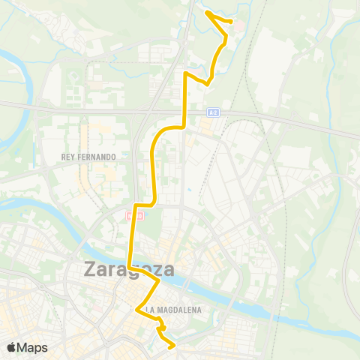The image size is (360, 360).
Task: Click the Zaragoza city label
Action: pos(129,269)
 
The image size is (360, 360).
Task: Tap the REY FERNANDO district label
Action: pos(89,157)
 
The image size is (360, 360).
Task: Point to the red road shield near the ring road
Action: pos(134,216)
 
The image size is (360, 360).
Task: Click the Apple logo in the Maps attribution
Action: pos(12,347)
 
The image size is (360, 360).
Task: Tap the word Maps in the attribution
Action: pos(33,347)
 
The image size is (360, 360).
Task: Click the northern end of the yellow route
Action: pos(206,13)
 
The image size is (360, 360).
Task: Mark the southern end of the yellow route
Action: pos(174,346)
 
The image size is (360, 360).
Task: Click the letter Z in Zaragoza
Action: pos(92,269)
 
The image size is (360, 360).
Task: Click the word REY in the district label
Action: pos(68,157)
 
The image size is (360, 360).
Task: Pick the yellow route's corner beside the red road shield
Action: pos(134,204)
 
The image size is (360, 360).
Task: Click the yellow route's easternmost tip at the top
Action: pos(229,22)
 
